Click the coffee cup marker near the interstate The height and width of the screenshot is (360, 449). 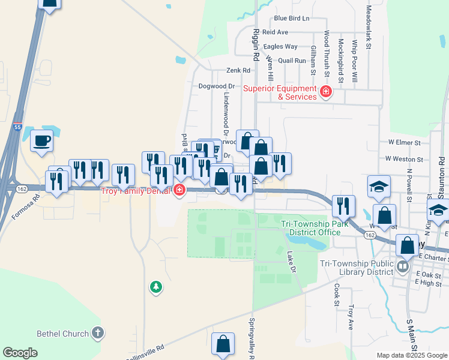click(41, 142)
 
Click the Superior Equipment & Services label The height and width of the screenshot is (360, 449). click(280, 92)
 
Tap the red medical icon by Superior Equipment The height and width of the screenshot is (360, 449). click(326, 92)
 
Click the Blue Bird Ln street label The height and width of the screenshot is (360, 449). click(291, 19)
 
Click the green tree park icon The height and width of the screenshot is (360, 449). click(155, 287)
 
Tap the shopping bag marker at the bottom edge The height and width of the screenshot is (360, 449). click(223, 344)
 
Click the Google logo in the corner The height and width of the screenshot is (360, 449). click(20, 352)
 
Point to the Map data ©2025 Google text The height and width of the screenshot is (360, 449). click(411, 355)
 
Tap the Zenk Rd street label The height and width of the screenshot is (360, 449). click(237, 70)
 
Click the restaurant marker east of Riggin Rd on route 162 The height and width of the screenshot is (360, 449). click(343, 206)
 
